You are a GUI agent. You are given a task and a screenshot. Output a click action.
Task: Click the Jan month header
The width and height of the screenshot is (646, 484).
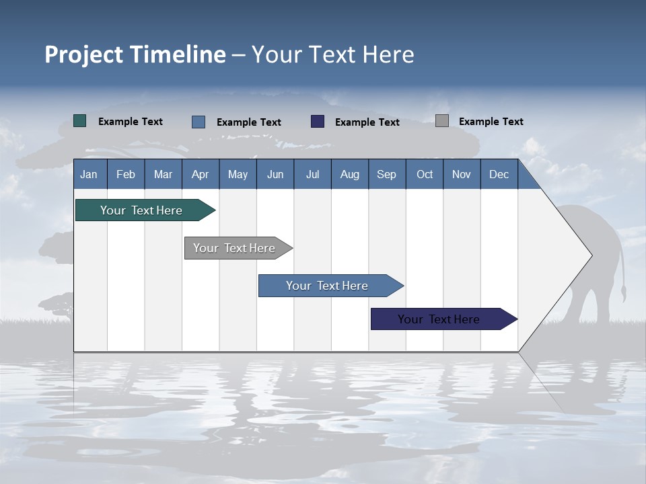click(x=89, y=174)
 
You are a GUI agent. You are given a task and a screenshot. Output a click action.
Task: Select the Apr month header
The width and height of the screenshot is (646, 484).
click(x=200, y=174)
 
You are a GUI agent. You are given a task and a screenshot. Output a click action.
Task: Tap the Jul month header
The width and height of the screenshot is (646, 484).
click(x=312, y=174)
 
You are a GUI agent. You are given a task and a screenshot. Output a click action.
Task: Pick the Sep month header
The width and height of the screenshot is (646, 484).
click(x=386, y=174)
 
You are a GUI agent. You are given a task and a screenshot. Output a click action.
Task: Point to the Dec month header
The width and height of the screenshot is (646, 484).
click(x=499, y=174)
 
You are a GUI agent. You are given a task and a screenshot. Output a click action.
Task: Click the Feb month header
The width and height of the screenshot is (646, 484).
click(x=126, y=174)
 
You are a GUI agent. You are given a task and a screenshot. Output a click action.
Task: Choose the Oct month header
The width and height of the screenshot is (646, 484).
click(x=425, y=174)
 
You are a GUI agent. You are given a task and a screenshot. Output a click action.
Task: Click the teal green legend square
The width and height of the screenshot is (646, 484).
click(x=79, y=121)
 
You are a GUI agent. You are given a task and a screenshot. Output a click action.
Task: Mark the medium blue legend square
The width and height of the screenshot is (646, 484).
click(x=198, y=122)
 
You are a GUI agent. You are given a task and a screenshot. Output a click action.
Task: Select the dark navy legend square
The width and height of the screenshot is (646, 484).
click(x=318, y=122)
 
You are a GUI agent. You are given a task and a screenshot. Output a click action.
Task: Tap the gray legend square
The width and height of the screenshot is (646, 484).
click(x=441, y=121)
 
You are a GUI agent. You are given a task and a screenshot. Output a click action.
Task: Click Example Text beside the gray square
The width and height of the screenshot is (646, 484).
click(x=491, y=122)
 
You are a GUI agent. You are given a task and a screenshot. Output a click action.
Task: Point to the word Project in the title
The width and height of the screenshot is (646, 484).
click(x=83, y=54)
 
